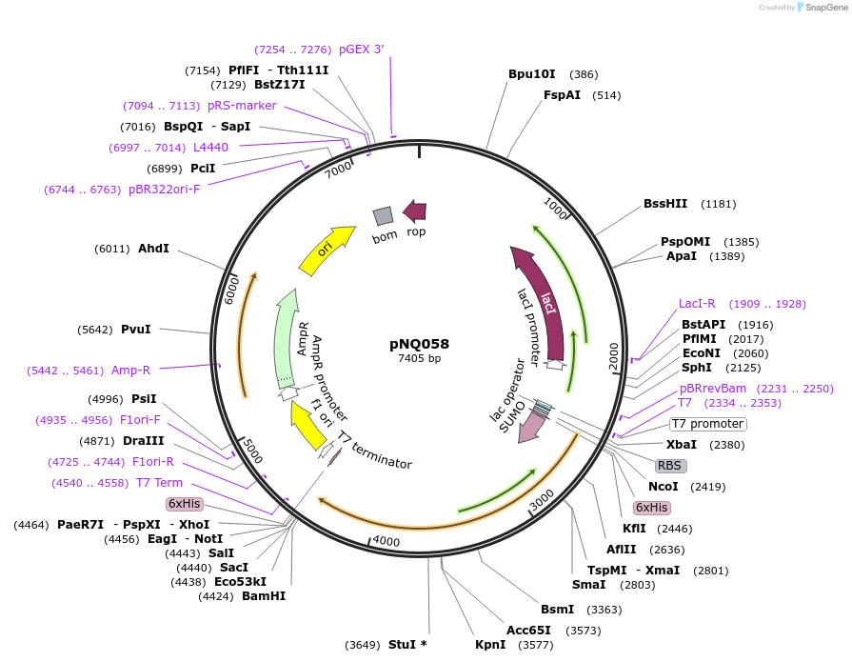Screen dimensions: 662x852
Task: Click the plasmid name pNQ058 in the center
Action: [419, 344]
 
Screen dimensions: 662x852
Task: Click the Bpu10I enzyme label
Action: [531, 73]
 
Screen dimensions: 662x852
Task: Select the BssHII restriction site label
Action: [665, 203]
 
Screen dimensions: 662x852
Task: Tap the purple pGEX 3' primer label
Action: [361, 49]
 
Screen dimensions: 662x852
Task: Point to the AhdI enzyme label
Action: [153, 249]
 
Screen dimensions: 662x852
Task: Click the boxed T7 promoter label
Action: [707, 424]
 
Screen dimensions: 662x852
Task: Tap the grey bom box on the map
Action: [383, 216]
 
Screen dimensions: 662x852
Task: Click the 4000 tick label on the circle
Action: [386, 541]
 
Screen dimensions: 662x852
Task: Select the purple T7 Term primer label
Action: [159, 483]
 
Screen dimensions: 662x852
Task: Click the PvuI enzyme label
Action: [135, 330]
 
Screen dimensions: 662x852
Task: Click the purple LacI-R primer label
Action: [703, 304]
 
